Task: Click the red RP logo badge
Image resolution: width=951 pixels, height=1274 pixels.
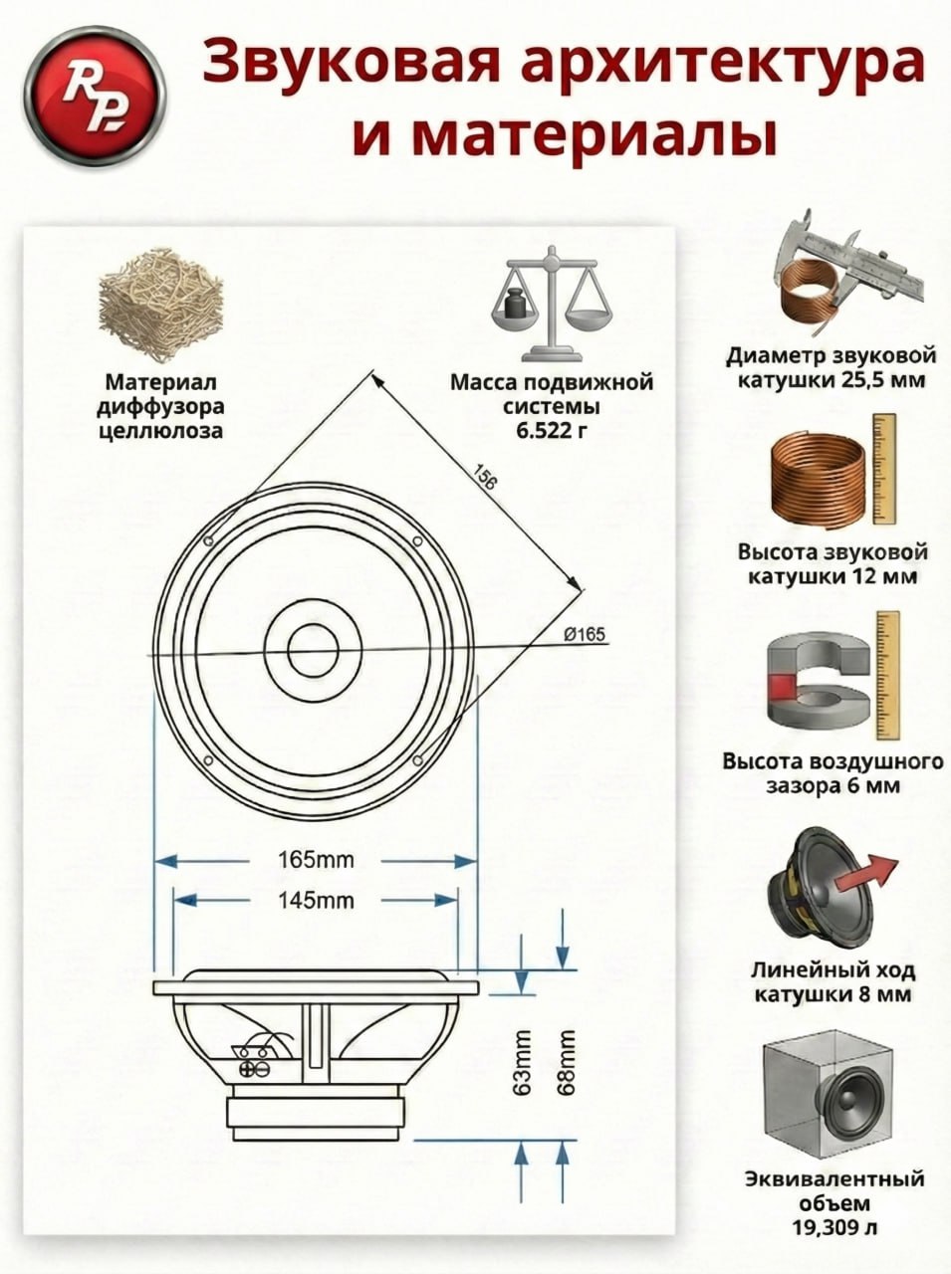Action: (x=96, y=98)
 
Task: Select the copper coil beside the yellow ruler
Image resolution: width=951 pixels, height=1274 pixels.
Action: (x=820, y=476)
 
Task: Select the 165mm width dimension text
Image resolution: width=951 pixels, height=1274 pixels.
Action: (x=316, y=860)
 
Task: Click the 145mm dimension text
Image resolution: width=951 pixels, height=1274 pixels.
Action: (x=316, y=900)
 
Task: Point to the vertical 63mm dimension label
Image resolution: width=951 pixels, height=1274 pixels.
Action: (x=522, y=1060)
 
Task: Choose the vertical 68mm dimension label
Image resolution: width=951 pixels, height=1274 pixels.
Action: (x=566, y=1060)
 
